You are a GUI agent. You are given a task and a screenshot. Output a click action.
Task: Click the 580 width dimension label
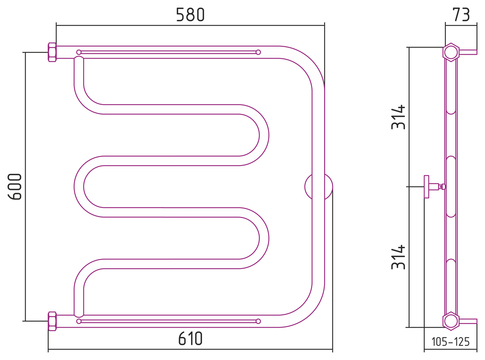(190, 15)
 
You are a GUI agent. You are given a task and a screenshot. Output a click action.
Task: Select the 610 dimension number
(190, 338)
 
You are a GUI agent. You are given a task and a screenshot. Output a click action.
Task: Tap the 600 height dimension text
(15, 187)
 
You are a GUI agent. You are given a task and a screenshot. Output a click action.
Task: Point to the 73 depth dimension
(461, 15)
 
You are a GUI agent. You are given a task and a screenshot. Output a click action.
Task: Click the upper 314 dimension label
(398, 117)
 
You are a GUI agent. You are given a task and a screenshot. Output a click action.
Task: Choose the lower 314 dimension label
(398, 257)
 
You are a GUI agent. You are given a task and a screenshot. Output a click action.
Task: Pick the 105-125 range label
(451, 342)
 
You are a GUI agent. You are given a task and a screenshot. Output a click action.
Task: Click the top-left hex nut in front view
(52, 52)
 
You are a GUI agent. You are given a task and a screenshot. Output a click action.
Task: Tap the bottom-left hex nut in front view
(52, 321)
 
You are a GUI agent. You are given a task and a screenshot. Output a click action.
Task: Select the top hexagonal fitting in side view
(451, 52)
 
